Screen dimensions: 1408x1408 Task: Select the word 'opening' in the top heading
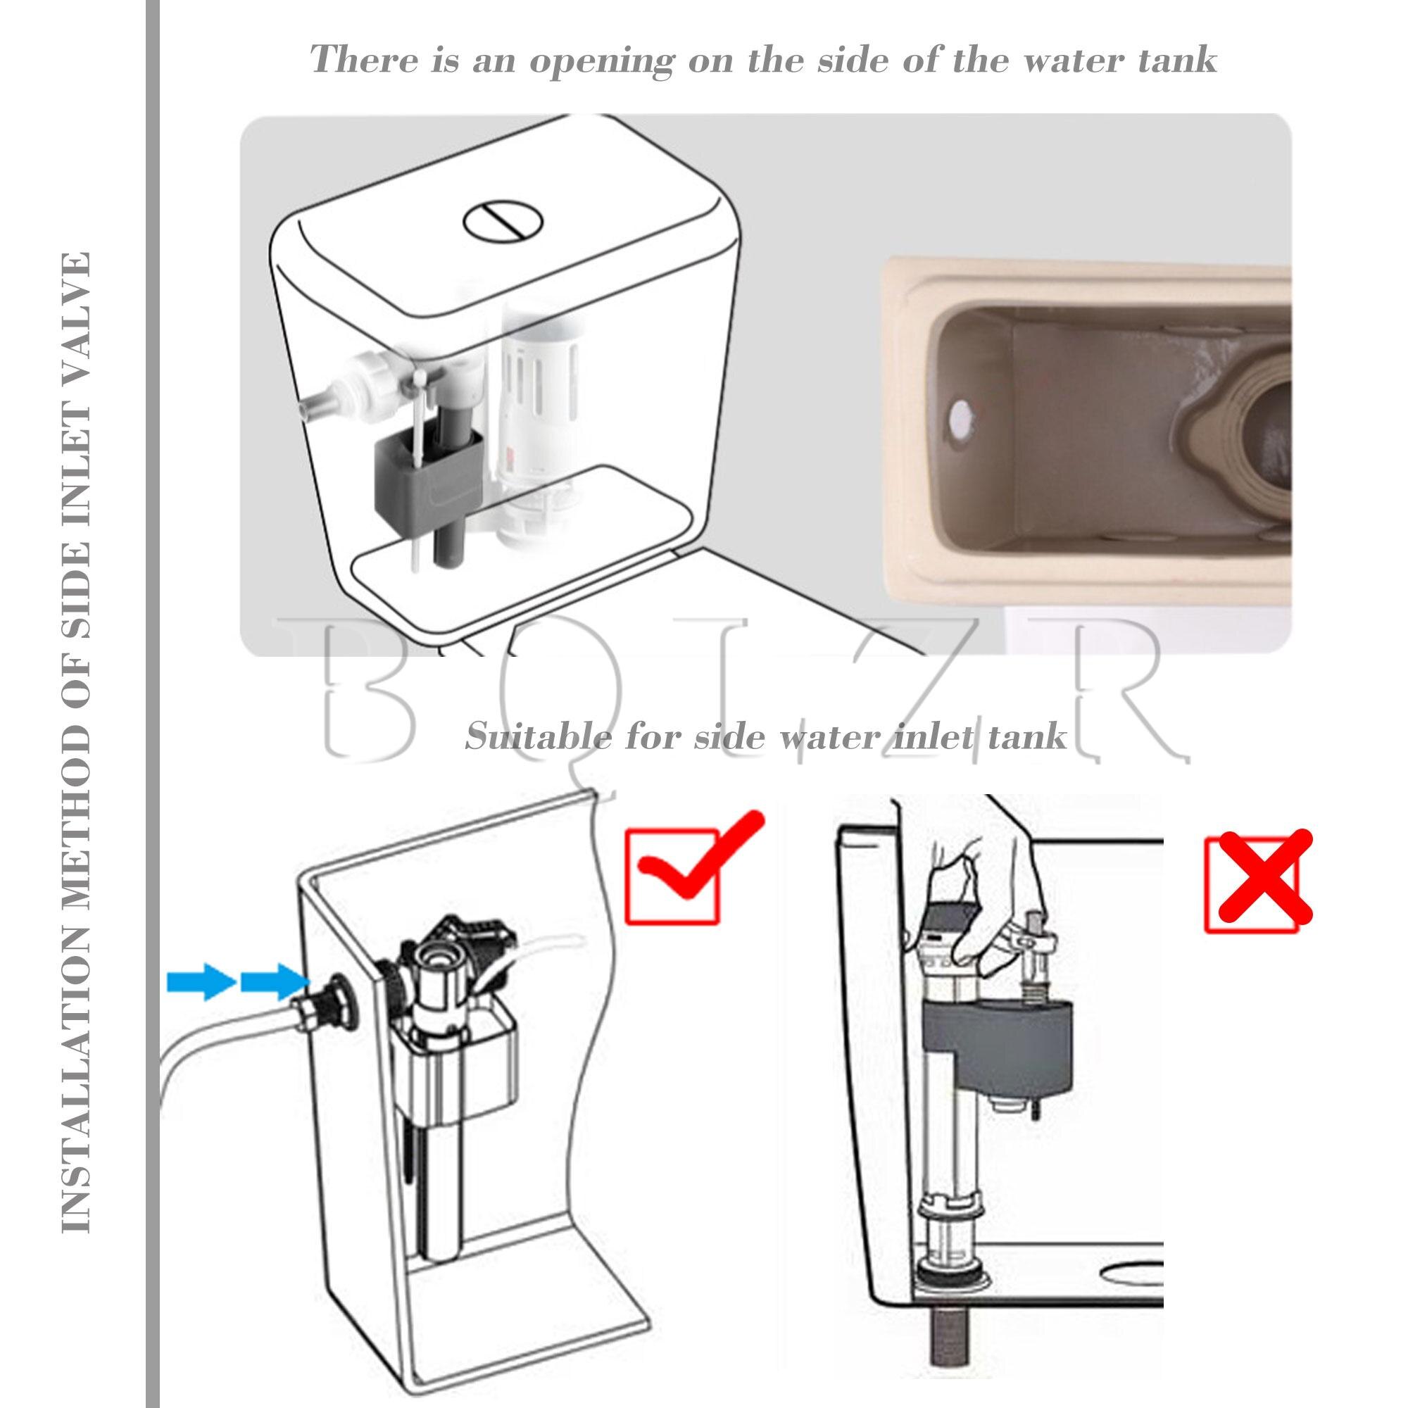(x=602, y=60)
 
